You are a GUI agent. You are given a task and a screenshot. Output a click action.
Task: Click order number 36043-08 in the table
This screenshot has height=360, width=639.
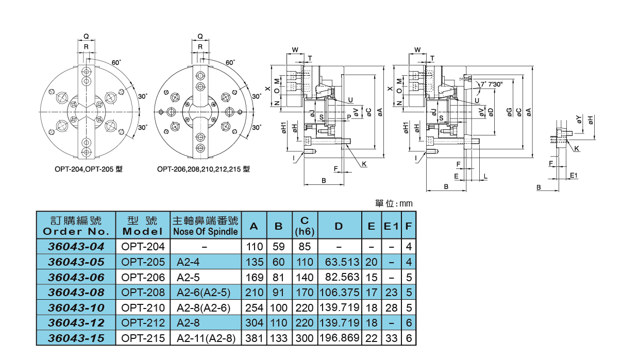tap(76, 293)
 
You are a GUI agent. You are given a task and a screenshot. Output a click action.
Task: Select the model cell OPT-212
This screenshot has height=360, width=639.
tap(143, 323)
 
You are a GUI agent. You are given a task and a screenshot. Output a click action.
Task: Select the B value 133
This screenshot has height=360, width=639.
tap(279, 338)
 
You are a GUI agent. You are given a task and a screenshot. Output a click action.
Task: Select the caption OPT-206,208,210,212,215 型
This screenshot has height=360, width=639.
tap(203, 169)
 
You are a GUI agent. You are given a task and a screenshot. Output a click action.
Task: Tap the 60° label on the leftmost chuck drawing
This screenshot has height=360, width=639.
tap(116, 62)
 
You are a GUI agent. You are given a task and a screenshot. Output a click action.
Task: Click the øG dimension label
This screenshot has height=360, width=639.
tap(509, 112)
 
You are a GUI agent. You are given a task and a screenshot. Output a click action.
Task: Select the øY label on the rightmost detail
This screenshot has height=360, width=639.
tap(579, 119)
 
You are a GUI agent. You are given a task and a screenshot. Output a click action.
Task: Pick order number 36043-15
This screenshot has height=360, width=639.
tap(76, 338)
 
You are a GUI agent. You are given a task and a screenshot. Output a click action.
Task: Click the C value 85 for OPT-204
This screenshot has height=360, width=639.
tap(305, 247)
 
